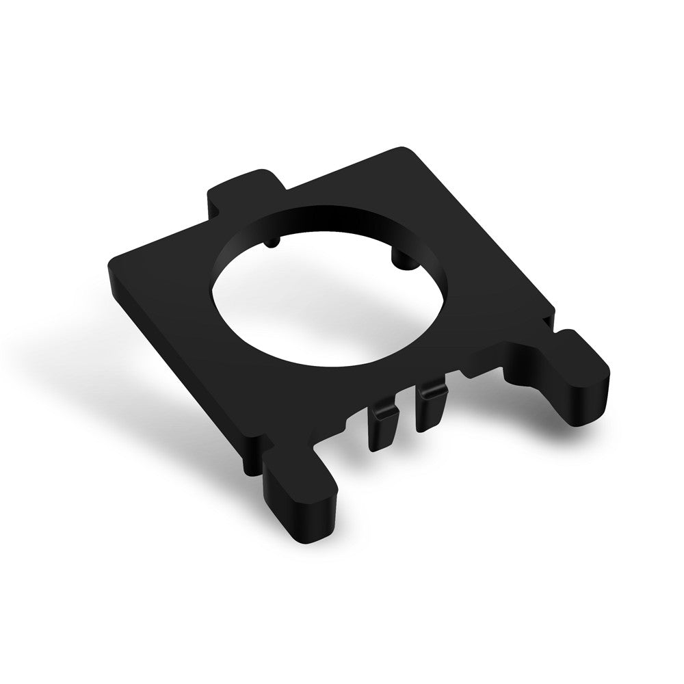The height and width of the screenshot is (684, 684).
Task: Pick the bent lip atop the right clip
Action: [x=432, y=390]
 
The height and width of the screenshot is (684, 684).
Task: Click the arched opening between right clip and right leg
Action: [x=482, y=383]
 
